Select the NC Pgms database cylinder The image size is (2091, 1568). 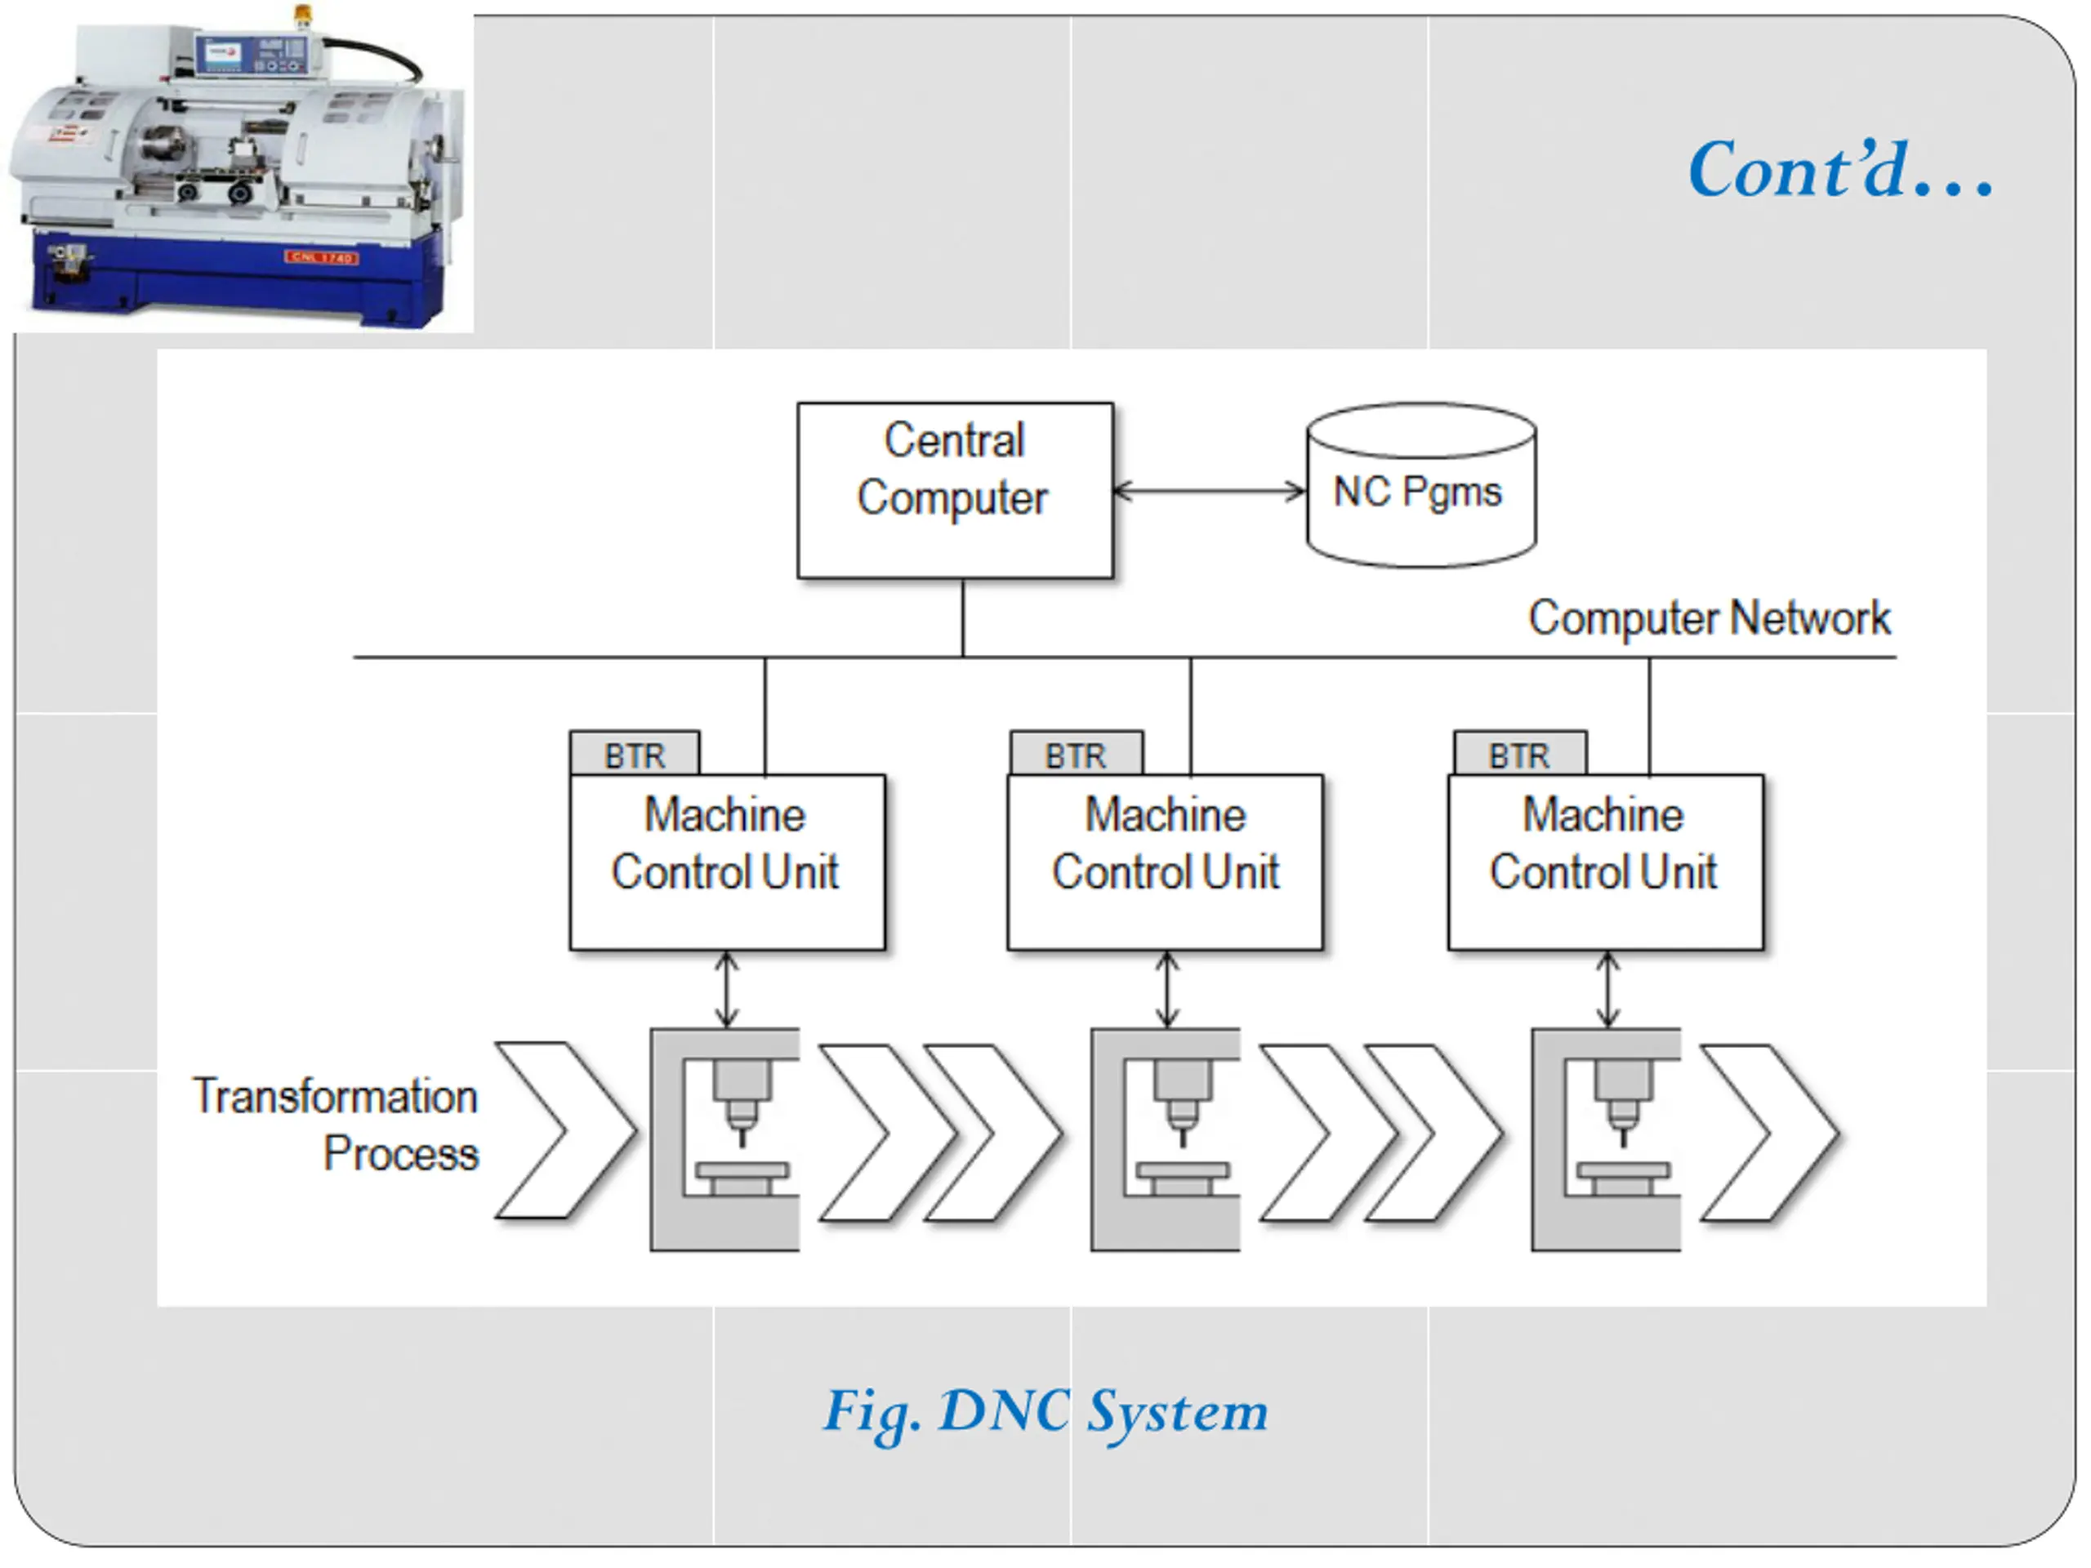pos(1420,487)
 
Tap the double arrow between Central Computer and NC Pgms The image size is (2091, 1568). pos(1209,491)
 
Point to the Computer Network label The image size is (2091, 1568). pos(1708,618)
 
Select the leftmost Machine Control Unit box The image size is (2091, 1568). pos(727,861)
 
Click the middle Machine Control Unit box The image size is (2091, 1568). pos(1165,861)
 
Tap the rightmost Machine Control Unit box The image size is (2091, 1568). pos(1604,861)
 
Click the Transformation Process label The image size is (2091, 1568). pos(337,1124)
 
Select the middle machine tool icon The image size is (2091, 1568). pos(1166,1139)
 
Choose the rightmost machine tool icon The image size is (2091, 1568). pos(1606,1139)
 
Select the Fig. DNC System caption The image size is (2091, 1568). pos(1045,1411)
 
